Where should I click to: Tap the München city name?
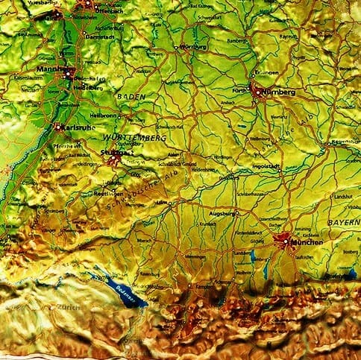(307, 244)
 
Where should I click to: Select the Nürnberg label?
(280, 92)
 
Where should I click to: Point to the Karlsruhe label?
(77, 127)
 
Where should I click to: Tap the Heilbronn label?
(104, 116)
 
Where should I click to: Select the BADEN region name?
(131, 97)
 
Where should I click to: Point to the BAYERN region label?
(343, 223)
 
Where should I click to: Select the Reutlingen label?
(110, 193)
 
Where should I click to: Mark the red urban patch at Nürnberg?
(258, 91)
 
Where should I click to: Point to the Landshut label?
(342, 195)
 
